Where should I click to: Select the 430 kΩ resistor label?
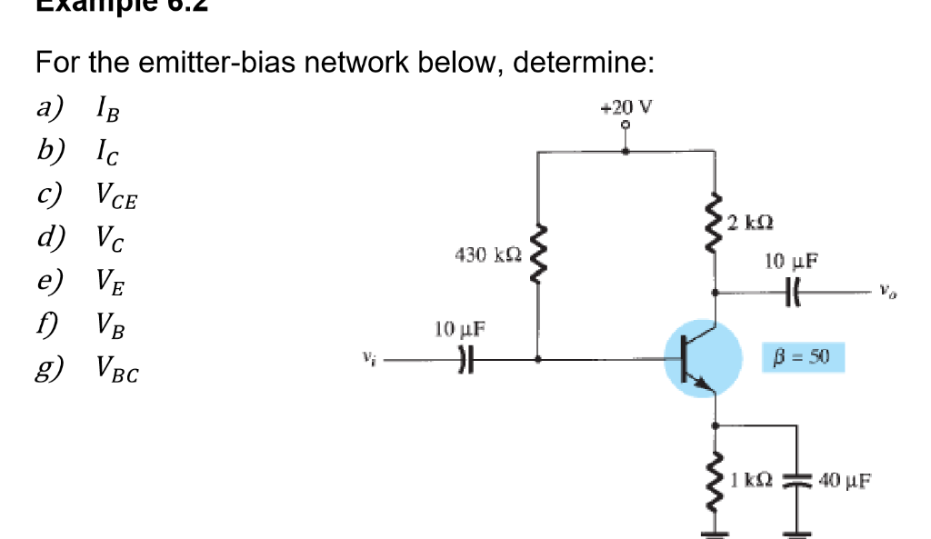pyautogui.click(x=488, y=255)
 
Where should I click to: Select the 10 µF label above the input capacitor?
pyautogui.click(x=459, y=327)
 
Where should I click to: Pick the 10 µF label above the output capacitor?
pyautogui.click(x=792, y=262)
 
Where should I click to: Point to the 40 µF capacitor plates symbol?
pyautogui.click(x=801, y=478)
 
